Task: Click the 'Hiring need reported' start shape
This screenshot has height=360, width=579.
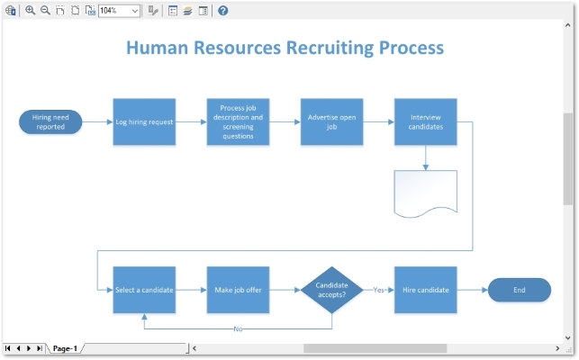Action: pos(50,121)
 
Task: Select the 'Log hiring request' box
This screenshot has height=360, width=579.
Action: pos(144,121)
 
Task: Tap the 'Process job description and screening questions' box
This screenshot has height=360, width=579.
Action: pos(238,121)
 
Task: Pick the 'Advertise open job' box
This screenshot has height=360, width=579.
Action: pos(331,121)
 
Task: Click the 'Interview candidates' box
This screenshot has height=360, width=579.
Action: pos(425,121)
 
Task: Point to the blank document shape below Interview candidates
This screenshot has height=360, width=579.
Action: pos(425,192)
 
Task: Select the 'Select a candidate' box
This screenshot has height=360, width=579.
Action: pos(144,290)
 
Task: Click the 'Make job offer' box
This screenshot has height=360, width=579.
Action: pos(238,290)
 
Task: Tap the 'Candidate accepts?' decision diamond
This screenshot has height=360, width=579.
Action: pos(331,290)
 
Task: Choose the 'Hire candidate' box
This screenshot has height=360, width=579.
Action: pos(425,290)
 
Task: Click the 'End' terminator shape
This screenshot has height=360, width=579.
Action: pos(519,290)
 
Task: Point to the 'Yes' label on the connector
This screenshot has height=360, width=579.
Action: pos(379,290)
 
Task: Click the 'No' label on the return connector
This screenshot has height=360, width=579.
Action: pos(238,328)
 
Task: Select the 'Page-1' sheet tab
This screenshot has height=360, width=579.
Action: pos(65,348)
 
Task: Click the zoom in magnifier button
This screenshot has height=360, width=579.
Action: pos(30,11)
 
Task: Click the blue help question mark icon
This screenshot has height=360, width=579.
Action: pos(223,11)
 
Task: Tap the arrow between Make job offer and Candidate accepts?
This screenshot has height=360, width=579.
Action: pos(285,290)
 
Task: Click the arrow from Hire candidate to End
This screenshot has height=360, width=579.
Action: pos(472,290)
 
